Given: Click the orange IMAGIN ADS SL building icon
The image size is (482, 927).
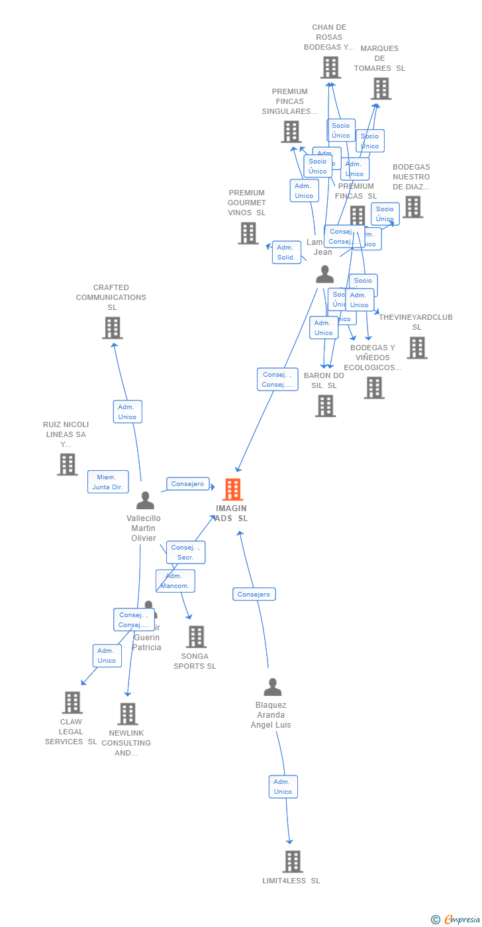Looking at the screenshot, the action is point(232,489).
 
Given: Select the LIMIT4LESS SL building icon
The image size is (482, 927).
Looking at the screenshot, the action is point(292,861).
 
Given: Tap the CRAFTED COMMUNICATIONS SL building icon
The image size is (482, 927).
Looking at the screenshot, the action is point(113,328).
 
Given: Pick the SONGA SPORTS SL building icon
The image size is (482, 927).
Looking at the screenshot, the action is point(196,637).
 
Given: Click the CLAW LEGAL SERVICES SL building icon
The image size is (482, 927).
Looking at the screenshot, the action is point(72,703).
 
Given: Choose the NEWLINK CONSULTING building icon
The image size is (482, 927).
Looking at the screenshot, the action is point(128,714).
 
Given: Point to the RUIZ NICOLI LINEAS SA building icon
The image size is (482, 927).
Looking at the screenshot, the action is point(67,465).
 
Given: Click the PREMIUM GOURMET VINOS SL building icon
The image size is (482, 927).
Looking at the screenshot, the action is point(248,233).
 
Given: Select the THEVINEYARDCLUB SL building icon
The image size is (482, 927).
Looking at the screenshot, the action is point(416,348).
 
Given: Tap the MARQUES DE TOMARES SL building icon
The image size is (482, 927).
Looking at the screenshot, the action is point(381,89).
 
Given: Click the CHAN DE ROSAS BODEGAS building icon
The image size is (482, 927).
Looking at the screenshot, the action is point(330,68).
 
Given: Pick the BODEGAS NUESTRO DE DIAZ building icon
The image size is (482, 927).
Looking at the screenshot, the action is point(412,207).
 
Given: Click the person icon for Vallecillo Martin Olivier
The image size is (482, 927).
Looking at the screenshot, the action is point(145,501).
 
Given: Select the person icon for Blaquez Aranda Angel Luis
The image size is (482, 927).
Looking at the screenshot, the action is point(272,687).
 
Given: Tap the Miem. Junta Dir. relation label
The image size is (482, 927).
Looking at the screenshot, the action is point(107,482).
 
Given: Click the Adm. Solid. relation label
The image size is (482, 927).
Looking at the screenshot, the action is point(286,252).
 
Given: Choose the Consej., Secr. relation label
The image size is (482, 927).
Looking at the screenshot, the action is point(185,552).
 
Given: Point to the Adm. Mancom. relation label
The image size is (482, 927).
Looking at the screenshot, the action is point(175,581).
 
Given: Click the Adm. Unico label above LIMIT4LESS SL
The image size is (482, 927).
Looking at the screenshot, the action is point(283,787).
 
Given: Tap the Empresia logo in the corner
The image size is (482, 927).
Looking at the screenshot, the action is point(457,919).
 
